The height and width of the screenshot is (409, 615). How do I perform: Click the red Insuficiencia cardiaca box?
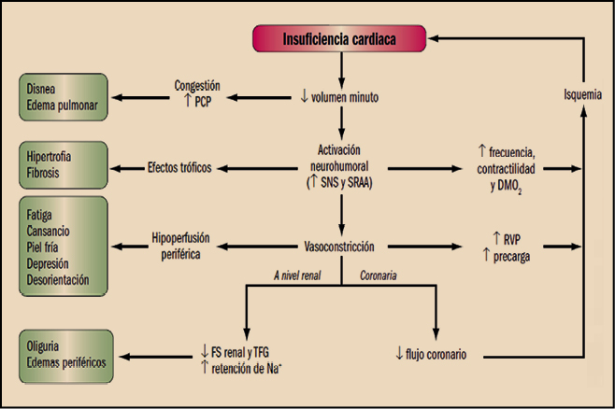pyautogui.click(x=340, y=38)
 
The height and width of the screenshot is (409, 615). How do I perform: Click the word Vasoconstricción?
pyautogui.click(x=340, y=247)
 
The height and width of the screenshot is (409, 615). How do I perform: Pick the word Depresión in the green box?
pyautogui.click(x=56, y=263)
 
